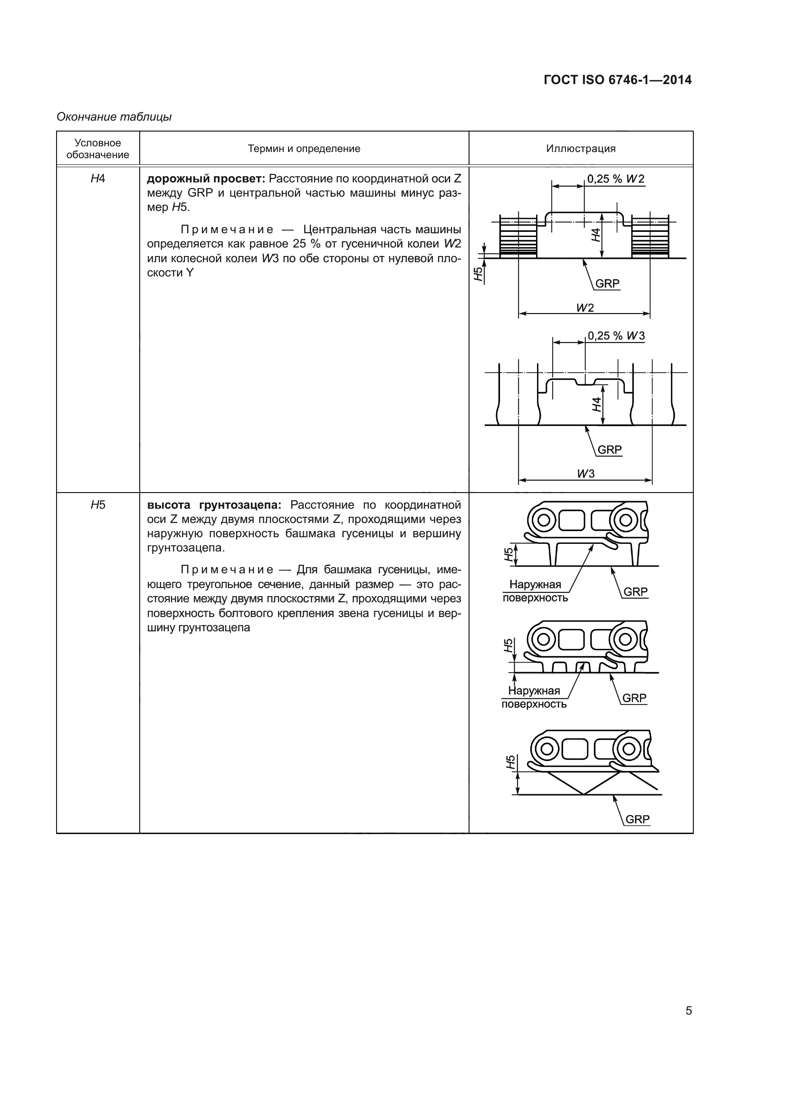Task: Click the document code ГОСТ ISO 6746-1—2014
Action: coord(618,80)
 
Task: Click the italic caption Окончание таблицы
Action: coord(114,117)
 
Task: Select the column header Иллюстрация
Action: coord(580,149)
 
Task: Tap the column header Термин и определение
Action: coord(304,149)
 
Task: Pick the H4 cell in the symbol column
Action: coord(98,179)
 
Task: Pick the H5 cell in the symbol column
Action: coord(98,505)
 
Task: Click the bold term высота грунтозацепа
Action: coord(214,505)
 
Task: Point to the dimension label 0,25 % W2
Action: coord(615,179)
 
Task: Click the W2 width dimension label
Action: coord(585,308)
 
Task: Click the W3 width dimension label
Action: coord(585,474)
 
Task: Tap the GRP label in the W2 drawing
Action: coord(607,284)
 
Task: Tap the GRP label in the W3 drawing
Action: coord(609,449)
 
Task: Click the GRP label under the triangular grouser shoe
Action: coord(637,819)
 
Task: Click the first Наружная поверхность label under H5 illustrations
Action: coord(535,591)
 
